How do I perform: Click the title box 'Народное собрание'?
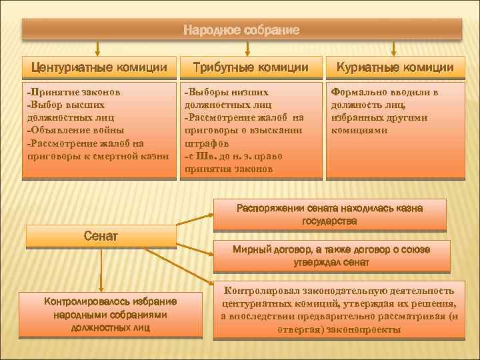[241, 30]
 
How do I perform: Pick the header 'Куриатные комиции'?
[395, 67]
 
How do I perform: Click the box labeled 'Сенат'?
[101, 235]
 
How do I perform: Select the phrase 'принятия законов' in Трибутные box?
[228, 169]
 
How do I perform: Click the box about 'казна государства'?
[329, 214]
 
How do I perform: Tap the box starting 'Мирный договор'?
[331, 256]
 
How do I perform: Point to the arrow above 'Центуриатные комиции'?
[98, 47]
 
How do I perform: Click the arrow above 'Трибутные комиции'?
[247, 47]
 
